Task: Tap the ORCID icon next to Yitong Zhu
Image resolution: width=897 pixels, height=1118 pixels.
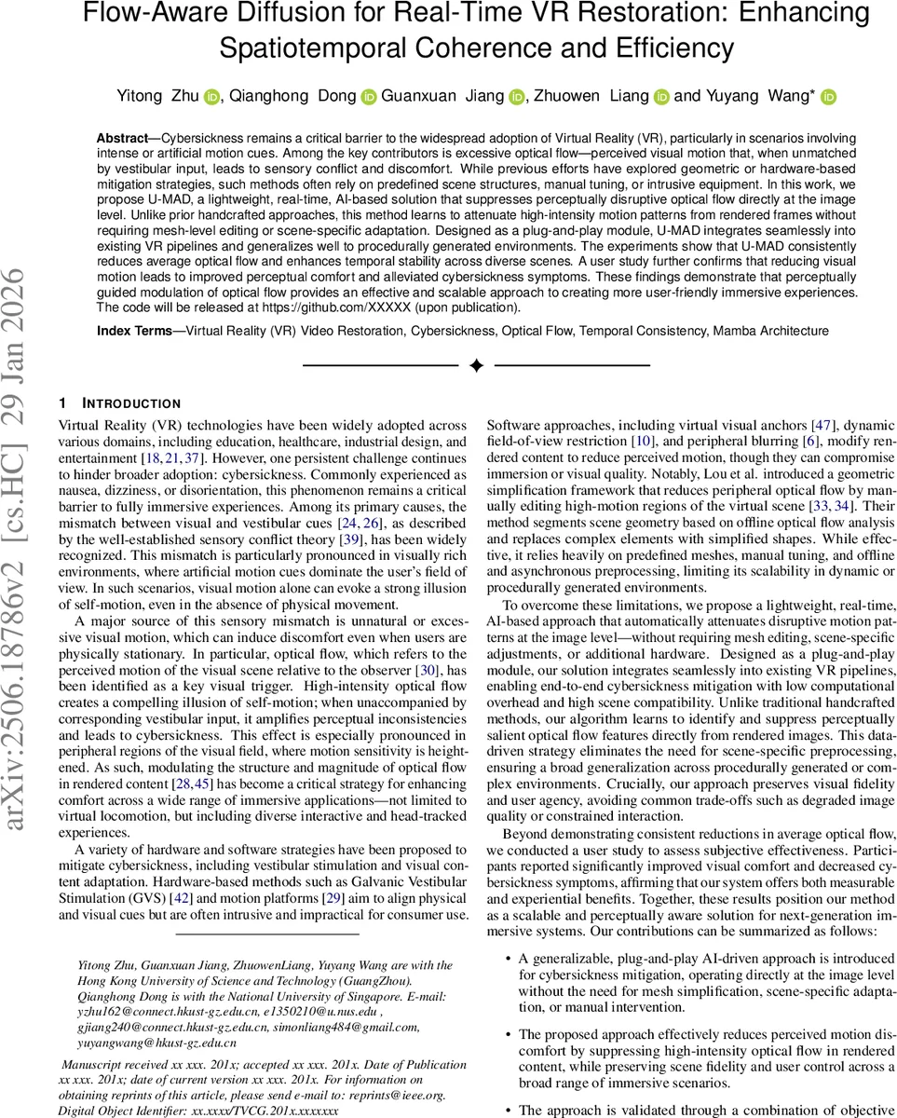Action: click(211, 96)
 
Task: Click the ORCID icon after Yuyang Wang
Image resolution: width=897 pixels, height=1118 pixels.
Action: click(828, 96)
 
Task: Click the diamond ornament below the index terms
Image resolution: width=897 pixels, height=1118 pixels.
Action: click(476, 366)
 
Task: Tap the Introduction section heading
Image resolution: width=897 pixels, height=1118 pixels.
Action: click(130, 403)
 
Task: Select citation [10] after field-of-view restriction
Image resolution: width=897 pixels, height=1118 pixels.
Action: click(642, 440)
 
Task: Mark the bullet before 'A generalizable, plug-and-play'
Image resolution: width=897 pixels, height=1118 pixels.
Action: click(507, 958)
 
